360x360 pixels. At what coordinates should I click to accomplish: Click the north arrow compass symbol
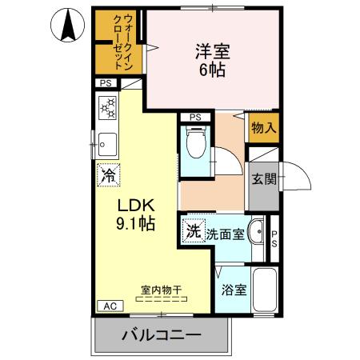(x=68, y=26)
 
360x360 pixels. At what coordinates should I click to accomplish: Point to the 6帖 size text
(x=212, y=70)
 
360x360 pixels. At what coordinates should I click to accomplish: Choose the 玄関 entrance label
(x=263, y=179)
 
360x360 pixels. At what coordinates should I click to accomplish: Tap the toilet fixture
(x=194, y=147)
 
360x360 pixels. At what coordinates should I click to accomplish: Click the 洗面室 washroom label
(x=224, y=234)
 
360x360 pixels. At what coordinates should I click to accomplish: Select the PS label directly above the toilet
(x=194, y=118)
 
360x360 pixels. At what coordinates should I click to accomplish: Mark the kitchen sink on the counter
(x=107, y=144)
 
